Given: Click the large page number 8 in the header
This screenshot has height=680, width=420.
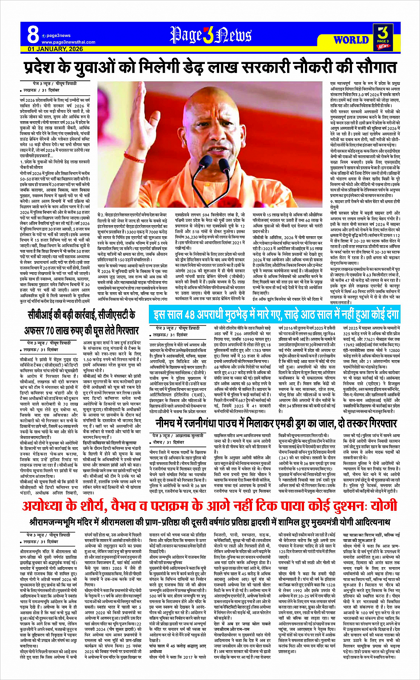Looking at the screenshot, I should (33, 34).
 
